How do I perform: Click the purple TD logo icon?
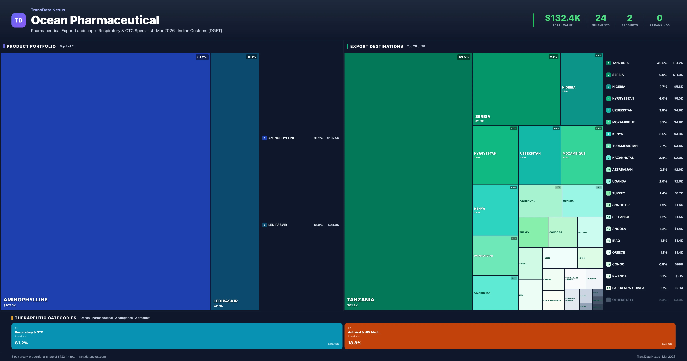click(18, 20)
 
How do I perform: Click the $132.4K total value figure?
click(562, 18)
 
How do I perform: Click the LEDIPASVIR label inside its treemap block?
click(225, 301)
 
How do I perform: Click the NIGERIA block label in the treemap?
click(569, 87)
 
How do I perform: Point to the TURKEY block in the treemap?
click(533, 232)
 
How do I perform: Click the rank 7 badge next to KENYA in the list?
click(608, 134)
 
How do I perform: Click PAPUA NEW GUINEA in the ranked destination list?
click(628, 288)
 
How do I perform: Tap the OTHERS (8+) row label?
click(622, 300)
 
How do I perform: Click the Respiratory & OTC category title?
click(29, 332)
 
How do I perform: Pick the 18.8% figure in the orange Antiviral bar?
click(354, 343)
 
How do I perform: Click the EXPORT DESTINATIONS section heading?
click(376, 46)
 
